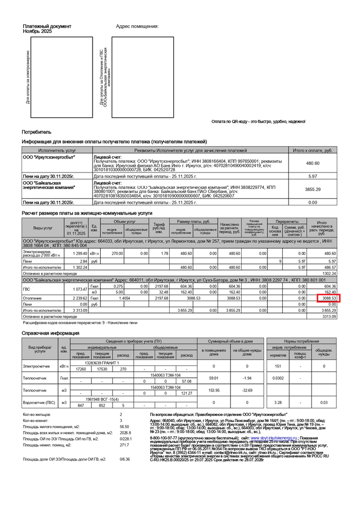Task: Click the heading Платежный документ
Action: point(47,26)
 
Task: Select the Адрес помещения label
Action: point(137,26)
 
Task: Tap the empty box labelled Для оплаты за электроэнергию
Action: point(62,77)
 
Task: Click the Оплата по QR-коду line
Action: point(258,121)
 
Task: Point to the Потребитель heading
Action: point(37,132)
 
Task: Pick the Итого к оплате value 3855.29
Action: point(313,189)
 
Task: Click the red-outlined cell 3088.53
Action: point(328,298)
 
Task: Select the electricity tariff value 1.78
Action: point(165,253)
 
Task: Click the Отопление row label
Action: point(31,298)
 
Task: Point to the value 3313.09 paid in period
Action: point(328,316)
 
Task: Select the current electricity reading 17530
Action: point(102,369)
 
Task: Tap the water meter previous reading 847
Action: point(81,406)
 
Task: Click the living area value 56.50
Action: point(124,427)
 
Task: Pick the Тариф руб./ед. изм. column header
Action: point(159,227)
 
